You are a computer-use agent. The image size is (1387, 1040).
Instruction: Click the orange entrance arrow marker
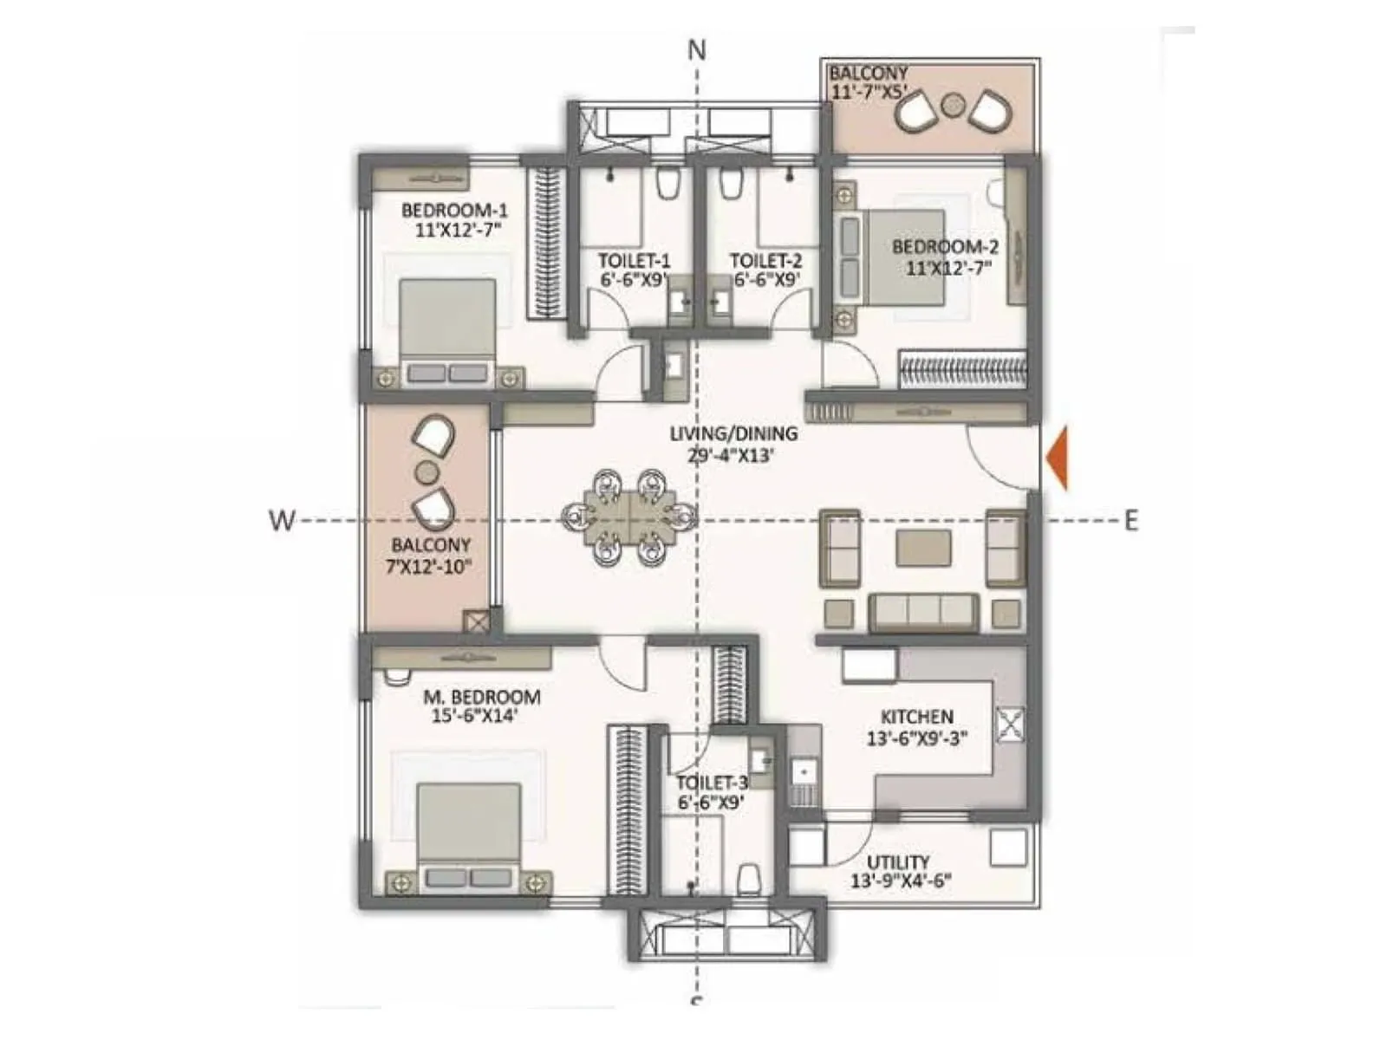(1058, 458)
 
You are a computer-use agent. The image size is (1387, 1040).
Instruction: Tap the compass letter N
(697, 51)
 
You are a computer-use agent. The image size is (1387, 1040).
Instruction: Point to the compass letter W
(282, 521)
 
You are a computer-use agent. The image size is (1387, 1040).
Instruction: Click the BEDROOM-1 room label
(454, 211)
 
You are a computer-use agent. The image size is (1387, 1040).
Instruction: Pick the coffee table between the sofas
(923, 549)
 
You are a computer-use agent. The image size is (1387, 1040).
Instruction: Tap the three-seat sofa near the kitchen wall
(923, 613)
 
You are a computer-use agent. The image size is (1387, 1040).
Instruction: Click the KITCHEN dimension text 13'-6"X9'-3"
(916, 739)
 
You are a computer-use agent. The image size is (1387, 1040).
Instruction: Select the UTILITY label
(898, 862)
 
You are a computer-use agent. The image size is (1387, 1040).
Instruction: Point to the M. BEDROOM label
(481, 697)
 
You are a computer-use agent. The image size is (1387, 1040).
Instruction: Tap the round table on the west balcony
(427, 472)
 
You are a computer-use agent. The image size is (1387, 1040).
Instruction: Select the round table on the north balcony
(952, 104)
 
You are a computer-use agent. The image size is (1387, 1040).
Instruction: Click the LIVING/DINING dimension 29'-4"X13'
(733, 455)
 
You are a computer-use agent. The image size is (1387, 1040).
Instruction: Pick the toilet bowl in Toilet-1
(667, 183)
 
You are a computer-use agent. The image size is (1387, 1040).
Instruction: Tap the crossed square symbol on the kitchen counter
(1010, 725)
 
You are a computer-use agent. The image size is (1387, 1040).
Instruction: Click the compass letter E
(1130, 521)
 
